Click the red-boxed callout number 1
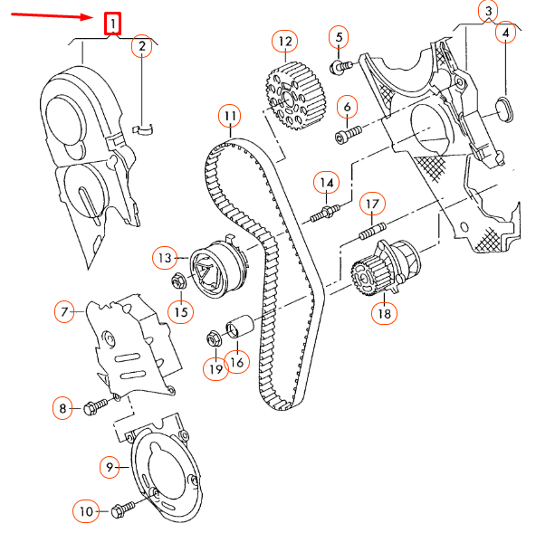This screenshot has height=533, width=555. pyautogui.click(x=112, y=24)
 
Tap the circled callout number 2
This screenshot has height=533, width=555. pyautogui.click(x=142, y=45)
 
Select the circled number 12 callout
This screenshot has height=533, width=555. pyautogui.click(x=285, y=42)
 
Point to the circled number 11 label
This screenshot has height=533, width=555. pyautogui.click(x=230, y=116)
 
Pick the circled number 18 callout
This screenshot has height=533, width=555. pyautogui.click(x=384, y=313)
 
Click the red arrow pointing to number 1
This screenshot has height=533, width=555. pyautogui.click(x=52, y=16)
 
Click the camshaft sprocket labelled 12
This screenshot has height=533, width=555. pyautogui.click(x=295, y=96)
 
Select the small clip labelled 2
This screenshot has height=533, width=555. pyautogui.click(x=143, y=129)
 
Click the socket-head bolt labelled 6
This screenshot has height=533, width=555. pyautogui.click(x=348, y=135)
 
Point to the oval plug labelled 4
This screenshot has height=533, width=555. pyautogui.click(x=505, y=110)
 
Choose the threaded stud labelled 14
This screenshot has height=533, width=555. pyautogui.click(x=326, y=212)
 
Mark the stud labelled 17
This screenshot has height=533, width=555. pyautogui.click(x=371, y=230)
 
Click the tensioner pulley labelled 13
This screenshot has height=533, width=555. pyautogui.click(x=217, y=269)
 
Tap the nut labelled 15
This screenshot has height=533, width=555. pyautogui.click(x=177, y=281)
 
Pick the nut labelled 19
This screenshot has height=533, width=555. pyautogui.click(x=214, y=338)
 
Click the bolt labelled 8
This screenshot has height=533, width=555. pyautogui.click(x=95, y=406)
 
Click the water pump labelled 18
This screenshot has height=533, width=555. pyautogui.click(x=385, y=268)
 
